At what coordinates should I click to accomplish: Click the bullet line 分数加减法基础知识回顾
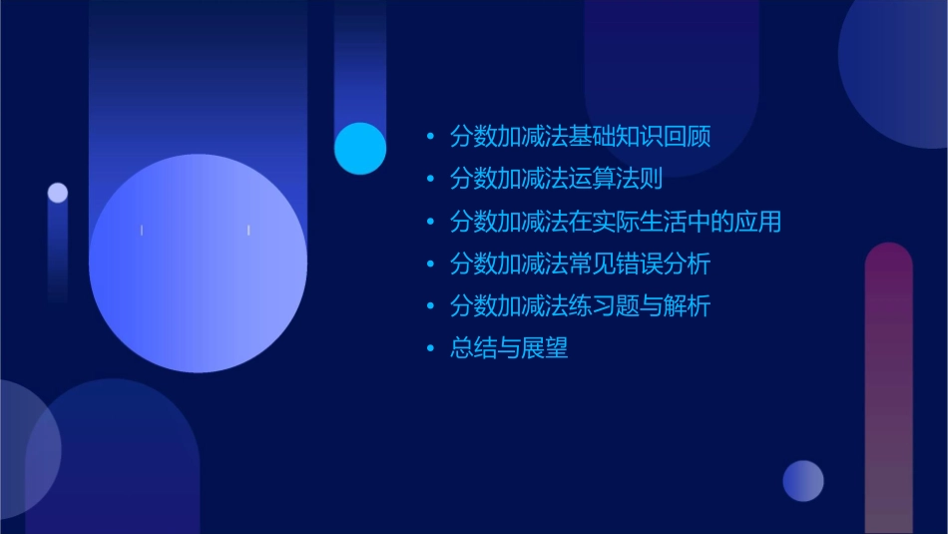coord(580,137)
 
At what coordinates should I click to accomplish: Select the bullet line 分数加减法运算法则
coord(556,180)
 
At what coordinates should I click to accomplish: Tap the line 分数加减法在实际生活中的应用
coord(615,222)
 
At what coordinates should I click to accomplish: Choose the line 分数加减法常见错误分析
coord(580,265)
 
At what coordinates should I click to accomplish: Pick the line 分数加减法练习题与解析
coord(580,306)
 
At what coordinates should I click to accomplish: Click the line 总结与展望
coord(509,348)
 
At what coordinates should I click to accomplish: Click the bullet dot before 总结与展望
coord(430,349)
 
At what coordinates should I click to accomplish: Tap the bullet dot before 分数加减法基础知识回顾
coord(430,138)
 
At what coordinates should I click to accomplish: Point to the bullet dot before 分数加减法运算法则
coord(430,181)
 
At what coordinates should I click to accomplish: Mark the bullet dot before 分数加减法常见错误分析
coord(430,266)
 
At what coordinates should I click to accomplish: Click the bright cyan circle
coord(360,149)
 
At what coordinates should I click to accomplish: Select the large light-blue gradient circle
coord(198,264)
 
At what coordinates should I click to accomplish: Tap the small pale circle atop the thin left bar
coord(58,193)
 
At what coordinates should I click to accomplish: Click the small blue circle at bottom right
coord(803,481)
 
